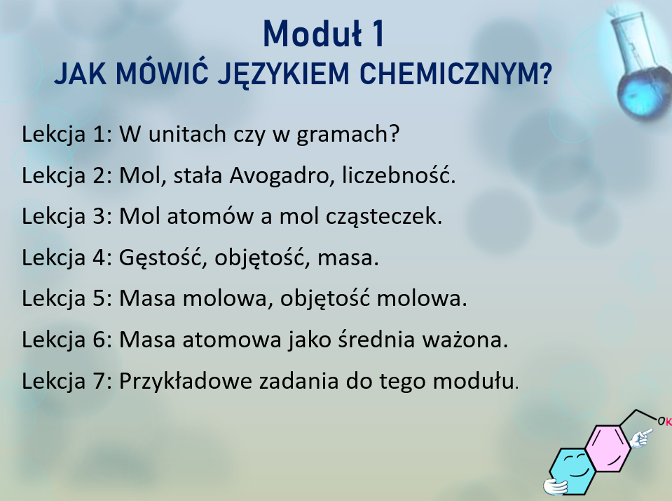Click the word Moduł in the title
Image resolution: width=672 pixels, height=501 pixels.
click(x=313, y=34)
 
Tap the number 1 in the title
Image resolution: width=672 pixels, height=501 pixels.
click(x=378, y=34)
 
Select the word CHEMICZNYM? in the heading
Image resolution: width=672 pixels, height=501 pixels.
click(x=455, y=74)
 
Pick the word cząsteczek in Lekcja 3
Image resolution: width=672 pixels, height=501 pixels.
click(x=382, y=216)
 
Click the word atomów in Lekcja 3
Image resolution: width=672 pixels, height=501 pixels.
click(x=210, y=215)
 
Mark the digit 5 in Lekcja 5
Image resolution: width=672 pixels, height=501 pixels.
click(x=99, y=298)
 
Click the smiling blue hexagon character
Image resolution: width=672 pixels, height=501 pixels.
click(x=571, y=469)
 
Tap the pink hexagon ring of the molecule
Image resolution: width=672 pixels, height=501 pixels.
click(x=608, y=448)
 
